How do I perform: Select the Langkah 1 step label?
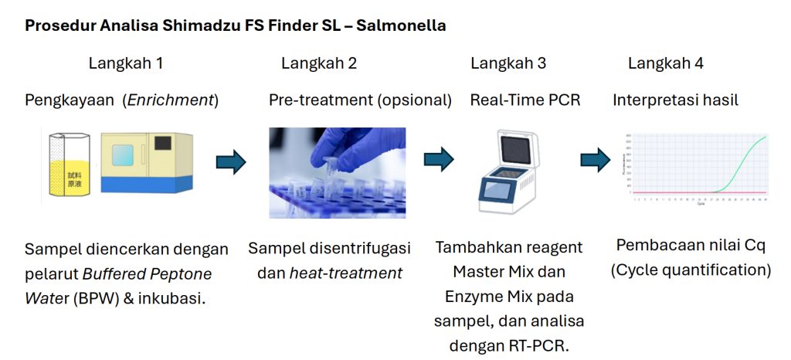[125, 63]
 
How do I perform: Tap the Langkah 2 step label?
[318, 63]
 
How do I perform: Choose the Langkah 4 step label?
[665, 63]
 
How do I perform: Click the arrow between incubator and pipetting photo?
[231, 162]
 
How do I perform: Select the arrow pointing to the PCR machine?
[438, 159]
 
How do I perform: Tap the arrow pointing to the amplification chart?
[596, 159]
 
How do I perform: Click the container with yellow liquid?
[69, 172]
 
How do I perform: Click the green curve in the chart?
[742, 158]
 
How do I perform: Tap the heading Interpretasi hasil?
[675, 100]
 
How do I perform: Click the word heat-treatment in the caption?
[345, 273]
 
